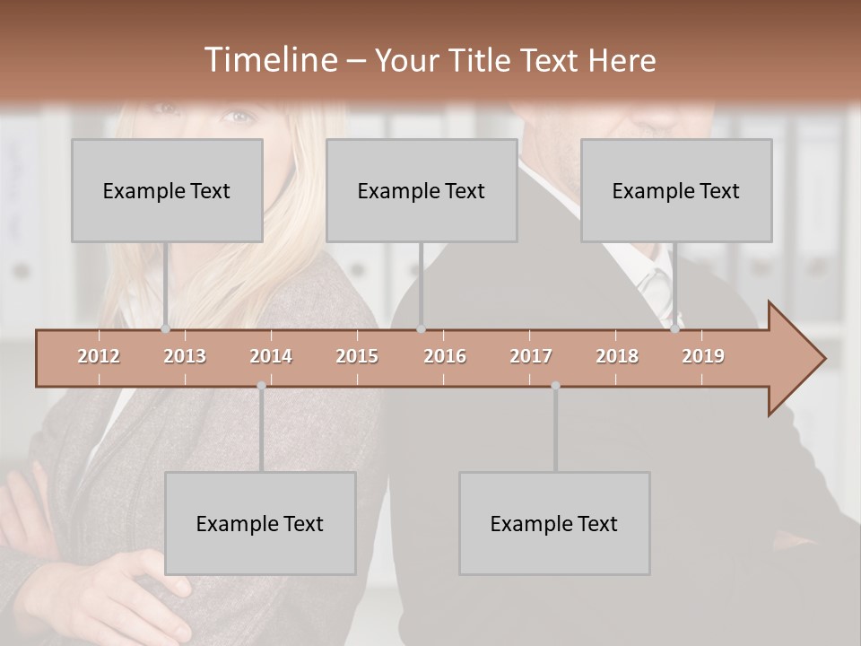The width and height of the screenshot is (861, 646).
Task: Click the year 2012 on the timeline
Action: (99, 356)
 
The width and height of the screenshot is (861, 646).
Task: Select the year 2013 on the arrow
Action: (185, 356)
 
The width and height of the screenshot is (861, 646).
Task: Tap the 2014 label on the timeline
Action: (271, 356)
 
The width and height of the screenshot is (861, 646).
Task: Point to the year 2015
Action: (357, 356)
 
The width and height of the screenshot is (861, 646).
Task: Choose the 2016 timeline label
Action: (445, 356)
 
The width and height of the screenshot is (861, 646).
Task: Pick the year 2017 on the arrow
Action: (531, 356)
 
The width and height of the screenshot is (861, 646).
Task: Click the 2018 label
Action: (617, 356)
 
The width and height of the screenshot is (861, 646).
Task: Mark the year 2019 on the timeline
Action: (703, 356)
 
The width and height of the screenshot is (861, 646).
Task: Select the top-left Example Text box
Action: (167, 190)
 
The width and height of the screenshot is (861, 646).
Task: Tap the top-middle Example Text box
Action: (422, 190)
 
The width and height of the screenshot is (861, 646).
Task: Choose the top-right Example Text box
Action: (676, 190)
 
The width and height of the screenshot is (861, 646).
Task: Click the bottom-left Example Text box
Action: (260, 523)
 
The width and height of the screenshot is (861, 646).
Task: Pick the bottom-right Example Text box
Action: (554, 523)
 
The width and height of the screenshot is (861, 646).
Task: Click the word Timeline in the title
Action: (269, 60)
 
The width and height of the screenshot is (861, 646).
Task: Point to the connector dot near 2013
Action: (166, 329)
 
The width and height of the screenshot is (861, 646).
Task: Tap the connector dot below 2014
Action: (261, 386)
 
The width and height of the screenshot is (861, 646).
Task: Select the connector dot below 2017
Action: (555, 386)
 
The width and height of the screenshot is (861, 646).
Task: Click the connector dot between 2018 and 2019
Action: (675, 329)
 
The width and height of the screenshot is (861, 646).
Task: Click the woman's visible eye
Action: (238, 116)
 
